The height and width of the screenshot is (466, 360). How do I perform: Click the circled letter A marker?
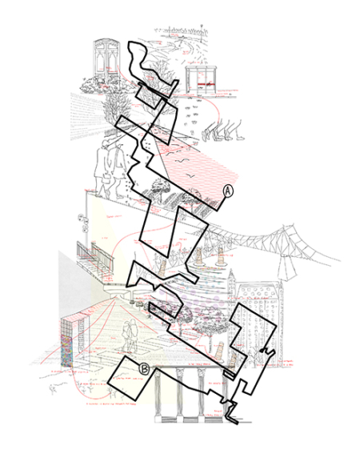[x=227, y=191]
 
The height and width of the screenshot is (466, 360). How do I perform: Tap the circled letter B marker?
[x=145, y=368]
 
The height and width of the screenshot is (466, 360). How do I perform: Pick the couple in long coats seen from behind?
[x=109, y=164]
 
